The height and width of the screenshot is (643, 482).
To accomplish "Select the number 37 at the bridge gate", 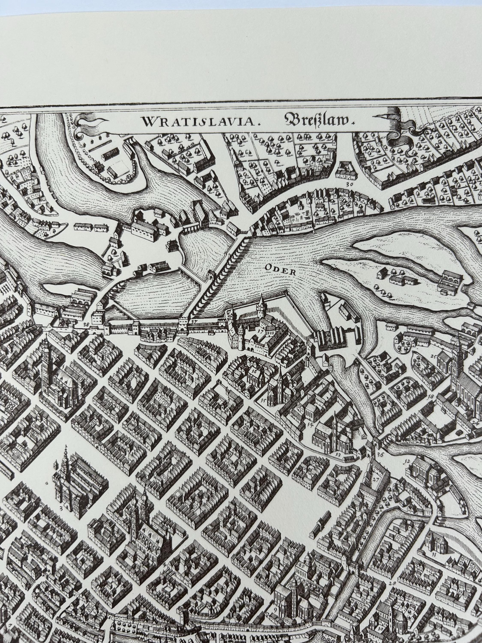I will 194,321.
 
